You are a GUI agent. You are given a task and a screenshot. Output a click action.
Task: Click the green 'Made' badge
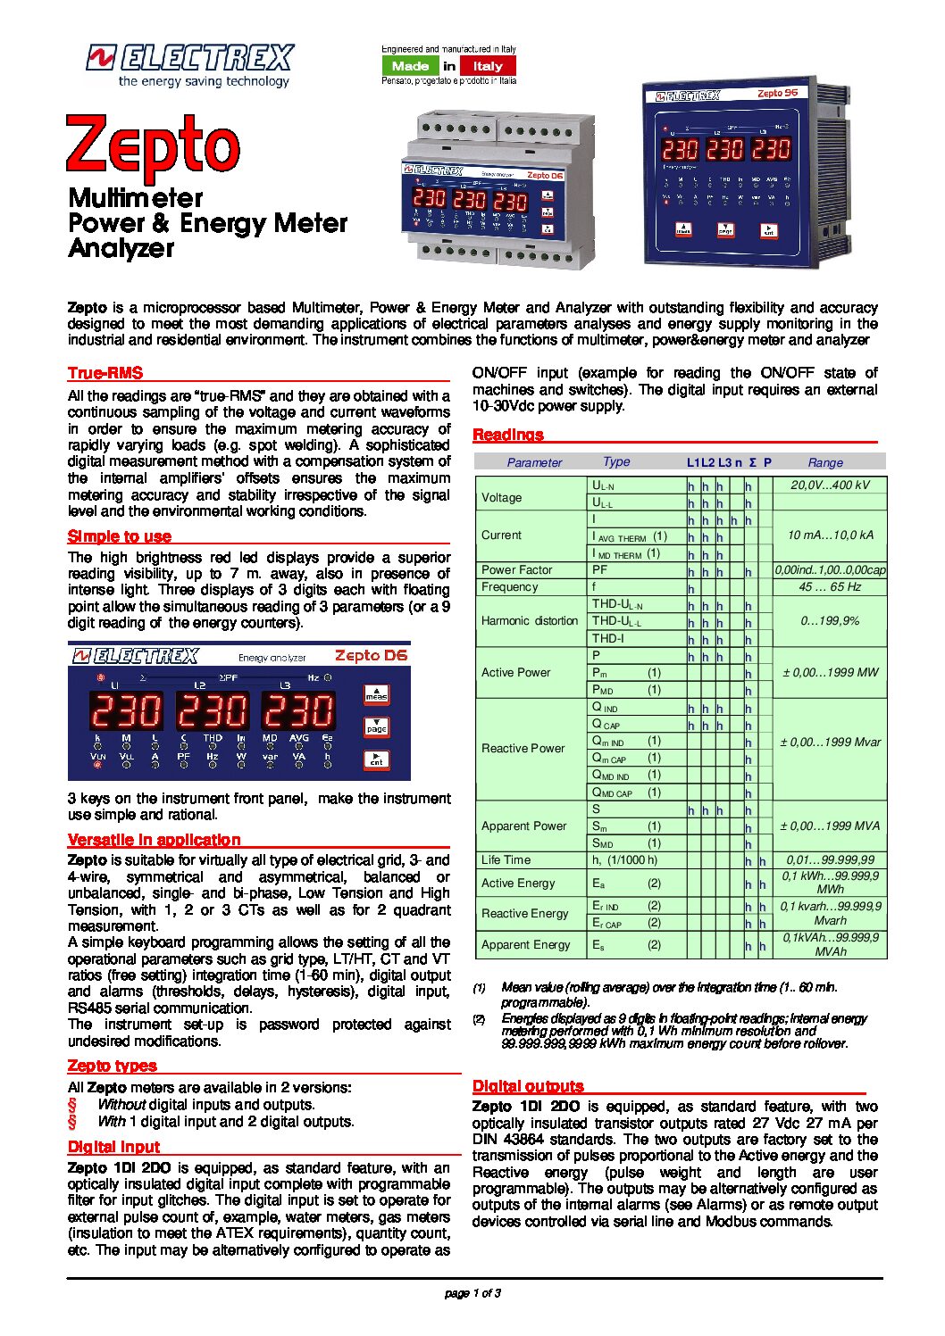[x=410, y=66]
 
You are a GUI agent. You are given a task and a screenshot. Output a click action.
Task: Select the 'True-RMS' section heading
[x=105, y=373]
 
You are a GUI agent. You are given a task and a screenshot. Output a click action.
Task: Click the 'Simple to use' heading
[x=120, y=536]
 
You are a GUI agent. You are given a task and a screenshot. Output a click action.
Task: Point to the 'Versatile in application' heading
[x=155, y=840]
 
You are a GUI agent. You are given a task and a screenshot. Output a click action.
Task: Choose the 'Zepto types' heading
[x=113, y=1066]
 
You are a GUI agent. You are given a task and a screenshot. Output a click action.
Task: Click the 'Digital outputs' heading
[x=528, y=1086]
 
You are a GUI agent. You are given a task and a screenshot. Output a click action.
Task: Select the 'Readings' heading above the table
[x=508, y=435]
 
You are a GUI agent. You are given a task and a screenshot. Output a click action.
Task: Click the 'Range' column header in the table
[x=825, y=462]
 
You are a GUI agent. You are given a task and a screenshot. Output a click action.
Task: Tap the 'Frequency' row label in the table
[x=510, y=587]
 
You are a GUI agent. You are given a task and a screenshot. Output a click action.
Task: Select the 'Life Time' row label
[x=506, y=860]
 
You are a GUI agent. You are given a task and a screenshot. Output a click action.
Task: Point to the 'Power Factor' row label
[x=517, y=570]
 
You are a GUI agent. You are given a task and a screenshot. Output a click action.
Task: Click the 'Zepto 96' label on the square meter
[x=777, y=93]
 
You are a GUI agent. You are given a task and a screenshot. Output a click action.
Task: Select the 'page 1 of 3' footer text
[x=472, y=1293]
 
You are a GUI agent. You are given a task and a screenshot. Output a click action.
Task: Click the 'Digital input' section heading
[x=114, y=1147]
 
